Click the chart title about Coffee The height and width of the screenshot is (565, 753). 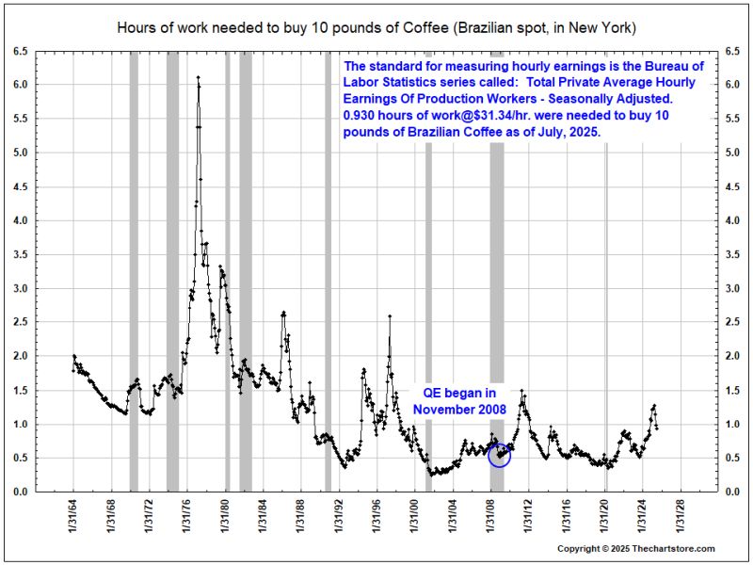(x=376, y=27)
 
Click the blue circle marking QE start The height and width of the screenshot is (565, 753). (x=500, y=456)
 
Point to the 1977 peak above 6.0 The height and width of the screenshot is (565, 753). (x=198, y=78)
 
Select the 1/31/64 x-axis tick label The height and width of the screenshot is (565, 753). (x=74, y=517)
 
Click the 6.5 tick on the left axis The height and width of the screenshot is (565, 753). (x=21, y=51)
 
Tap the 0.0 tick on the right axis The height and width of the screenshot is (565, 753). (x=732, y=492)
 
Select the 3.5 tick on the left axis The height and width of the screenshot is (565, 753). (x=21, y=254)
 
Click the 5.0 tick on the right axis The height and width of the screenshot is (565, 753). (x=732, y=153)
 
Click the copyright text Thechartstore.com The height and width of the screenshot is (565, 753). (x=636, y=549)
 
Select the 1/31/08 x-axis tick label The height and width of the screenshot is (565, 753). (x=491, y=517)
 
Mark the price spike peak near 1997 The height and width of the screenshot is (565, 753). (x=390, y=316)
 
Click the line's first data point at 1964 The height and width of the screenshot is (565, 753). (x=74, y=357)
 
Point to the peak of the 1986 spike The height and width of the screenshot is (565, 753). (x=283, y=312)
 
